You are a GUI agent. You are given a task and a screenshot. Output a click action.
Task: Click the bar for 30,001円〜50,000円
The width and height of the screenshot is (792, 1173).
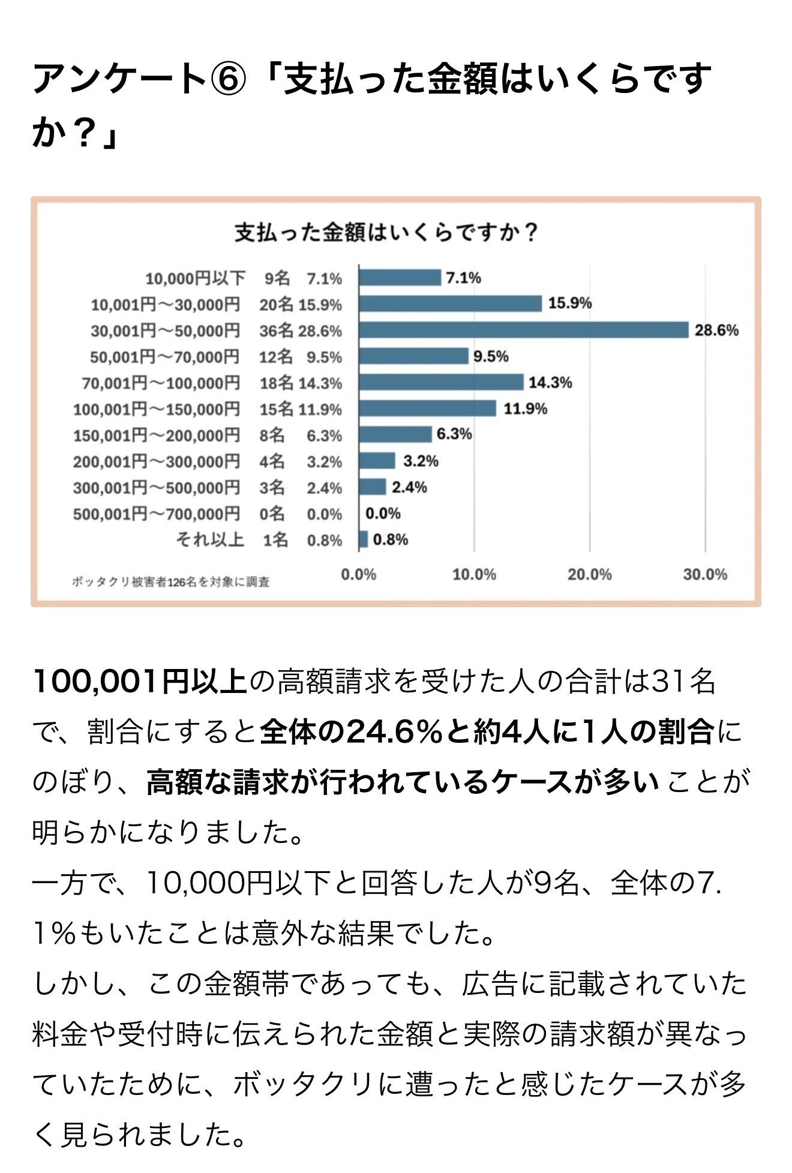(x=523, y=330)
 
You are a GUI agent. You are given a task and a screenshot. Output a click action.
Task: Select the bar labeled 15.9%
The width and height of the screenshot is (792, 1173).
(x=450, y=304)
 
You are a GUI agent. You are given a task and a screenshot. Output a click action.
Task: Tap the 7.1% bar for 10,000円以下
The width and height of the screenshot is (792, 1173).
(x=400, y=278)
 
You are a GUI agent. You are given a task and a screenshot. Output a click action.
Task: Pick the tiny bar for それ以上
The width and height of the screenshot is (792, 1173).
(x=363, y=539)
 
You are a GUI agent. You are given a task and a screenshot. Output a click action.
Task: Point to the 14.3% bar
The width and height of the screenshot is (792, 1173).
(x=441, y=382)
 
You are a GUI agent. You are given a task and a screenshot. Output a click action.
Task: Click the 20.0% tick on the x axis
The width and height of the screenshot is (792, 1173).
(x=589, y=575)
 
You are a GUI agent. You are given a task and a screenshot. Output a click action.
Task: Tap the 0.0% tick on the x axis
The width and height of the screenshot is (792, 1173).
(x=358, y=575)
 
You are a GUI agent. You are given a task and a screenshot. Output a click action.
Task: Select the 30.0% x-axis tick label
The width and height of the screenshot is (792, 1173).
(x=704, y=575)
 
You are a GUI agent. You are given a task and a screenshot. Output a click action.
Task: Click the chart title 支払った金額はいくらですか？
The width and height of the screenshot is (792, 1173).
(x=386, y=233)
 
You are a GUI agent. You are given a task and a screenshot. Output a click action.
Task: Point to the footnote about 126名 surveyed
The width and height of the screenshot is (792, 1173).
(x=171, y=581)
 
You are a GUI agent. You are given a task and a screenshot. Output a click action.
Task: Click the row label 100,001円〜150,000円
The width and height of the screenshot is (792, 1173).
(x=157, y=409)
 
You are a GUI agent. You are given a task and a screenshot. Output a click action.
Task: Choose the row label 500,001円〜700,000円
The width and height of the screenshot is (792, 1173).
(x=157, y=514)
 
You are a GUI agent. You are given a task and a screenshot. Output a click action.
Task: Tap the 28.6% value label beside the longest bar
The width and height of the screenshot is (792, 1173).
(x=716, y=331)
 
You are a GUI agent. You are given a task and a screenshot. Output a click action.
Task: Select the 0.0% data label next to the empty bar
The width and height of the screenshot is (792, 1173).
(x=383, y=514)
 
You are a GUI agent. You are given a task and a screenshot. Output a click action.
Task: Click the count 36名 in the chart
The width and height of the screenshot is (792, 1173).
(x=275, y=331)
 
